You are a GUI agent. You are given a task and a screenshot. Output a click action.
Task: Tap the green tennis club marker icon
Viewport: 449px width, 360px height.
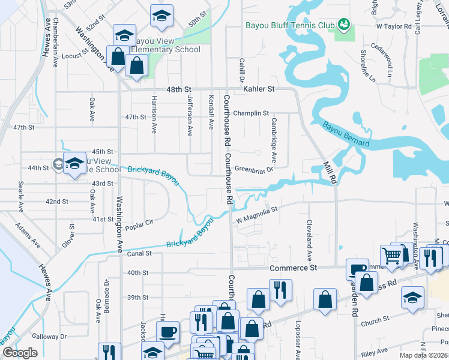tap(344, 25)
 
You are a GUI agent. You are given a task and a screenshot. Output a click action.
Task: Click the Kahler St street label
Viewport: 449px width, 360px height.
tap(259, 89)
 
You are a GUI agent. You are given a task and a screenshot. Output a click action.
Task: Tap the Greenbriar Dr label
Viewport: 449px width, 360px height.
tap(253, 170)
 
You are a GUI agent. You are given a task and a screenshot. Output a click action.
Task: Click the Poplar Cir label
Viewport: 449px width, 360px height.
tap(141, 221)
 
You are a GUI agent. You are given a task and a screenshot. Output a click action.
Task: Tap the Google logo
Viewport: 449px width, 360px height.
tap(20, 353)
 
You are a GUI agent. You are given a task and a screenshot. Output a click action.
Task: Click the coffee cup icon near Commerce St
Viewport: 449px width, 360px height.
tap(358, 269)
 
